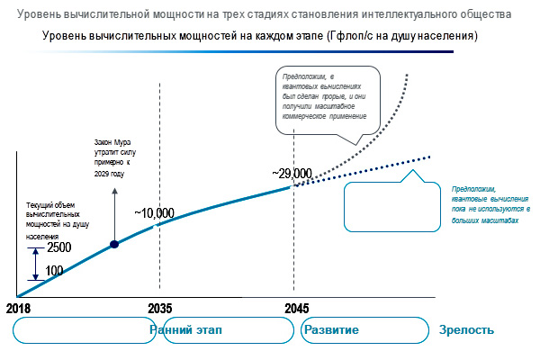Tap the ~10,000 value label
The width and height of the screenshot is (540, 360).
(154, 213)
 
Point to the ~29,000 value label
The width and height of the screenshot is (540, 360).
(291, 173)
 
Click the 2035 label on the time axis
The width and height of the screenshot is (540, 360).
(159, 308)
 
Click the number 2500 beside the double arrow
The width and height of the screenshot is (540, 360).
(59, 247)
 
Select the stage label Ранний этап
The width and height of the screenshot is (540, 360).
(185, 329)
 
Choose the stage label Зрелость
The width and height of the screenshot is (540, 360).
(466, 329)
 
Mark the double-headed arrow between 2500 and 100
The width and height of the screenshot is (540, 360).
(35, 265)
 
